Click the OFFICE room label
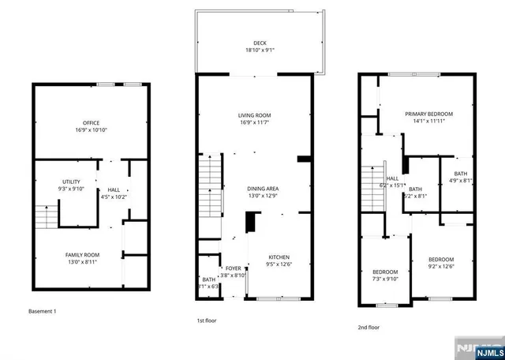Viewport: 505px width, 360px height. click(91, 122)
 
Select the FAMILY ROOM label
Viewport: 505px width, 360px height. click(81, 254)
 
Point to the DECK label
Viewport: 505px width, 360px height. click(260, 43)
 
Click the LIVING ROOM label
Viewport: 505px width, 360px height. click(255, 116)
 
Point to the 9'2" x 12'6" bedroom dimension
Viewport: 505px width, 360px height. click(441, 266)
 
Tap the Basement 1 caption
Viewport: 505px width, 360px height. click(43, 311)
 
